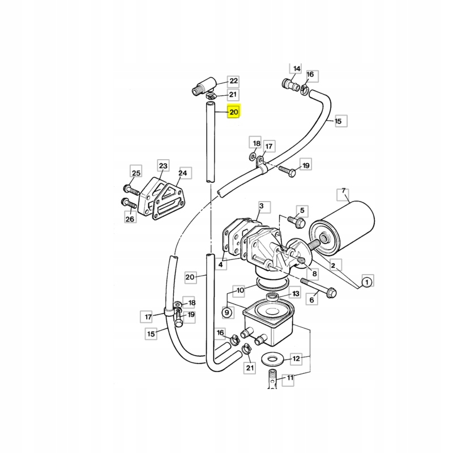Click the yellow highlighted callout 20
coord(234,112)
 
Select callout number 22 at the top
coord(234,80)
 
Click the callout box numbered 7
coord(344,194)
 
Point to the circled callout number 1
coord(367,281)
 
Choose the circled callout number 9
coord(226,311)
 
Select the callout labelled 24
coord(183,173)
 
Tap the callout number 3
coord(262,206)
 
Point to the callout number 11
coord(290,378)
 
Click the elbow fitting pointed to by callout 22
coord(201,88)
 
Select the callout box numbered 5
coord(302,211)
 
